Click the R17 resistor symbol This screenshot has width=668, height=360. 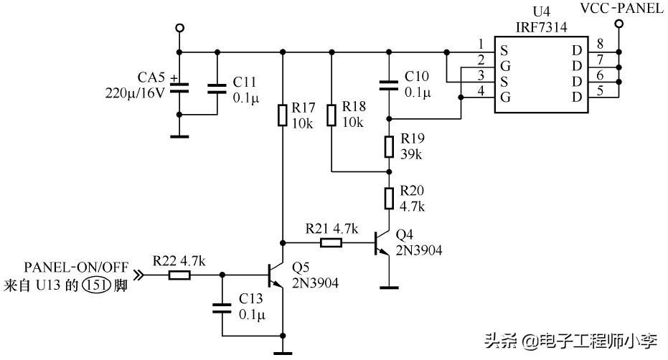click(x=283, y=115)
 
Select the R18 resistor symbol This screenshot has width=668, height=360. click(x=331, y=115)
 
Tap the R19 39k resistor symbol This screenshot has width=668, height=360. click(x=389, y=146)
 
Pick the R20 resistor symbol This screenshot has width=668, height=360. click(x=389, y=197)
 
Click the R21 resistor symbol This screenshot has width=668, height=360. click(x=331, y=243)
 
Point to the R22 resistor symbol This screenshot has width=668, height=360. click(x=180, y=274)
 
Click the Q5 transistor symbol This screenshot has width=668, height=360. click(x=275, y=274)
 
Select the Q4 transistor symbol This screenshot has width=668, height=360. click(x=381, y=245)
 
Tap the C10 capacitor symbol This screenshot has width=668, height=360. click(x=389, y=85)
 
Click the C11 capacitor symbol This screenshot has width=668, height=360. click(x=217, y=88)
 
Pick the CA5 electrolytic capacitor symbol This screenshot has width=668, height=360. click(x=179, y=88)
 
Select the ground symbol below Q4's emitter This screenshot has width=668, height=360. click(x=389, y=288)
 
